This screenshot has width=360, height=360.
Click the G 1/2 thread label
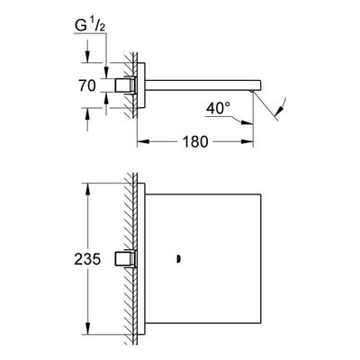(90, 26)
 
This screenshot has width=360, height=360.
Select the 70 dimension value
(87, 85)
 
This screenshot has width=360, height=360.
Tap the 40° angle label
(218, 108)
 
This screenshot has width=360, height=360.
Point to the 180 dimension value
(194, 141)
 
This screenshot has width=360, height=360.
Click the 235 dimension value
(87, 259)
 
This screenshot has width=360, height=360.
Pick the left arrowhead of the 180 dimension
(143, 141)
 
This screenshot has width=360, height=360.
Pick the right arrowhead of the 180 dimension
(247, 141)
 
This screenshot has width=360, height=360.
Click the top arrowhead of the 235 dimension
(87, 189)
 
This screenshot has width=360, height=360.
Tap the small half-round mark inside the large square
(178, 259)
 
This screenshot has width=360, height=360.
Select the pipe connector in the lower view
(125, 259)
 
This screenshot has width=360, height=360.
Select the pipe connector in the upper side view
(125, 85)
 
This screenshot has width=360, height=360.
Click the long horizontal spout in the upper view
(203, 85)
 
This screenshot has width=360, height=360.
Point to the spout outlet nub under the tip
(251, 91)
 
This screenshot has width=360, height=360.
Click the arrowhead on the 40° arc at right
(280, 112)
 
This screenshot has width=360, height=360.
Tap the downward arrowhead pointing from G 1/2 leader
(106, 72)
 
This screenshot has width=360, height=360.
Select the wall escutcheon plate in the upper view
(141, 85)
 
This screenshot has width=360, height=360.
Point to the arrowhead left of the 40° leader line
(247, 122)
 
